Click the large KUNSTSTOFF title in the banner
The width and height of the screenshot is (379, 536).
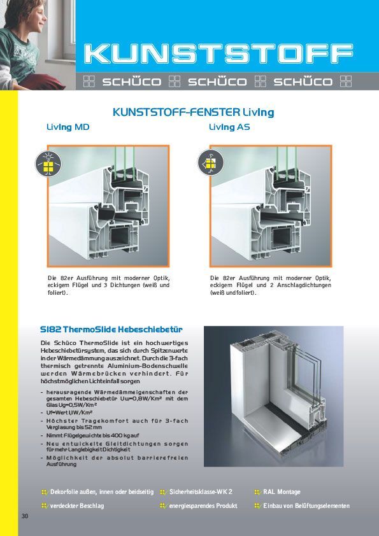point(219,54)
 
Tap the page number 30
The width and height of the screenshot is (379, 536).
point(25,516)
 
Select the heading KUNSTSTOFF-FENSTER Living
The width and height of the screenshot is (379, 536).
point(193,112)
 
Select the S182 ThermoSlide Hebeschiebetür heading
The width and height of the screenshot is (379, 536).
point(111,329)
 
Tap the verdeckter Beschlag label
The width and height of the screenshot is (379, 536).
point(77,505)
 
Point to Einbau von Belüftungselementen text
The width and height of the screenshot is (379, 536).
point(306,505)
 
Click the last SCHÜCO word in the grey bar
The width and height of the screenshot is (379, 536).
point(303,82)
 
